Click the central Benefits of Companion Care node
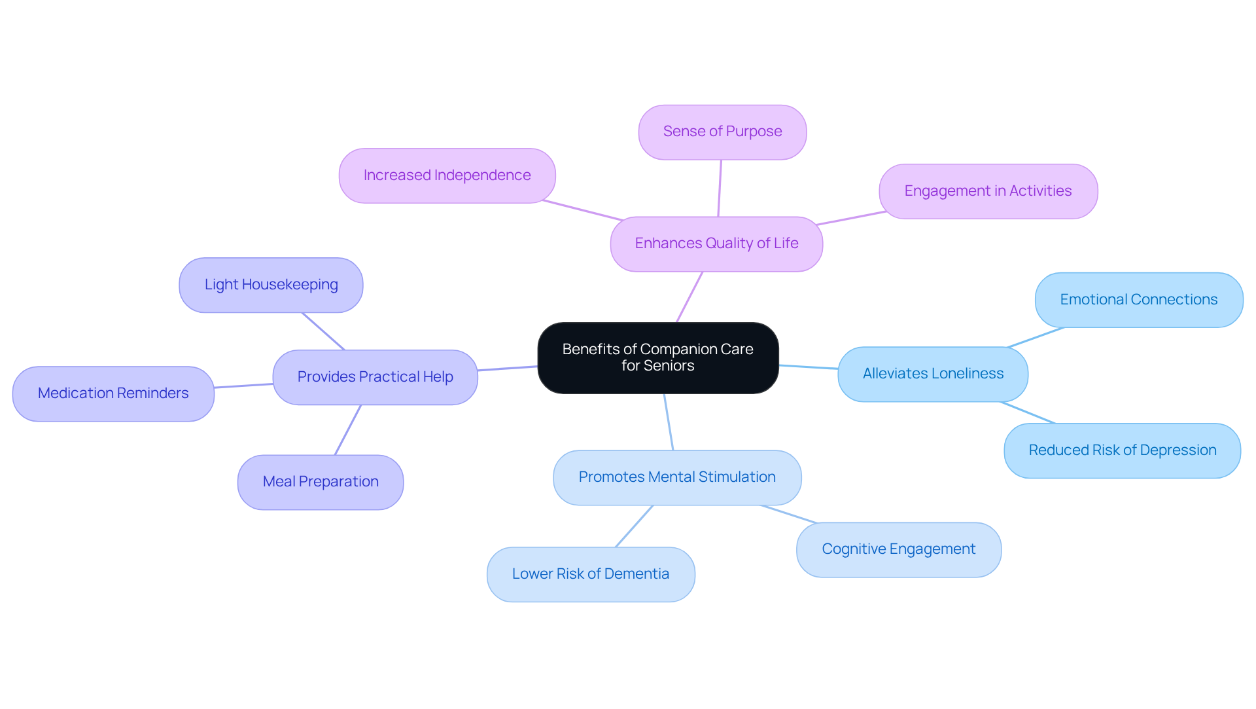(657, 357)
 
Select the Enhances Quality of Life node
(716, 244)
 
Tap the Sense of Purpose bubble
(722, 132)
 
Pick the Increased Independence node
(447, 175)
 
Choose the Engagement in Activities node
(988, 191)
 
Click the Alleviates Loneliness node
(933, 374)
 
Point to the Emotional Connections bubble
(1138, 300)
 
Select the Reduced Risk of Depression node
(1122, 450)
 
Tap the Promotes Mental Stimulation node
(677, 477)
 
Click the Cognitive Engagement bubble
(898, 549)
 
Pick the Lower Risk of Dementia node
(591, 574)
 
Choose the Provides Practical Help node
(375, 377)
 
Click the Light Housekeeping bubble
(271, 285)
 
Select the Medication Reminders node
(113, 393)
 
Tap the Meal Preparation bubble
(321, 482)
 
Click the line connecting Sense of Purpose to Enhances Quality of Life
(720, 189)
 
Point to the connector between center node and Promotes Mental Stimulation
(669, 422)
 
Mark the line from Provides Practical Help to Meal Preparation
(348, 429)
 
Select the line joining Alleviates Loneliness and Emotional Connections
(1036, 337)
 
